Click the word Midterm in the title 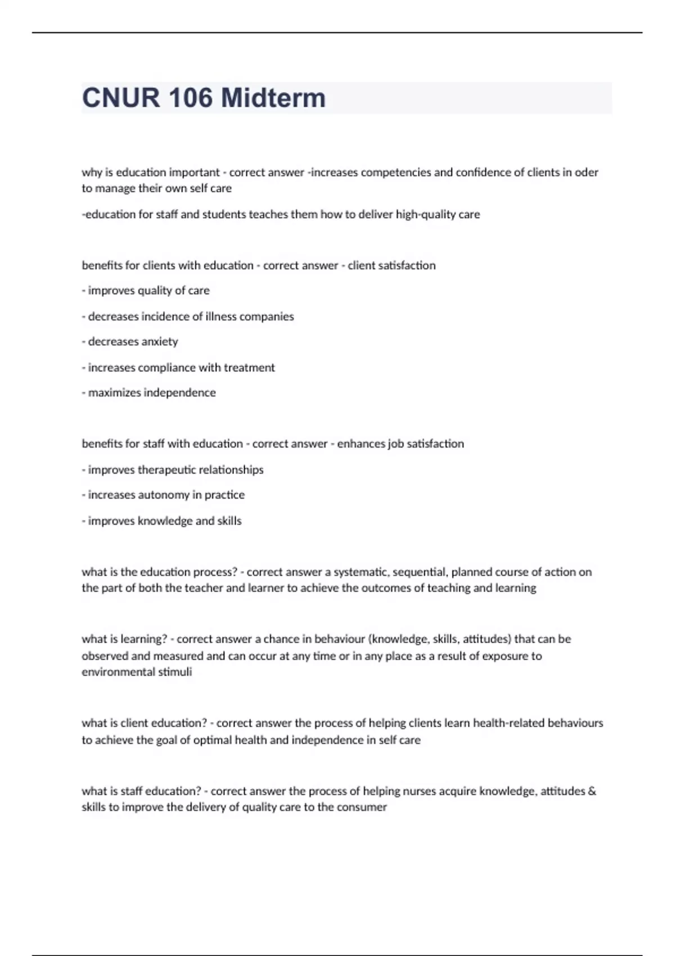[x=273, y=98]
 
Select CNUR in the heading [x=120, y=98]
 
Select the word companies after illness [x=267, y=317]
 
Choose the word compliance [x=190, y=368]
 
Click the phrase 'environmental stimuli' [x=137, y=672]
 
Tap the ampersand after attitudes [x=591, y=791]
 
